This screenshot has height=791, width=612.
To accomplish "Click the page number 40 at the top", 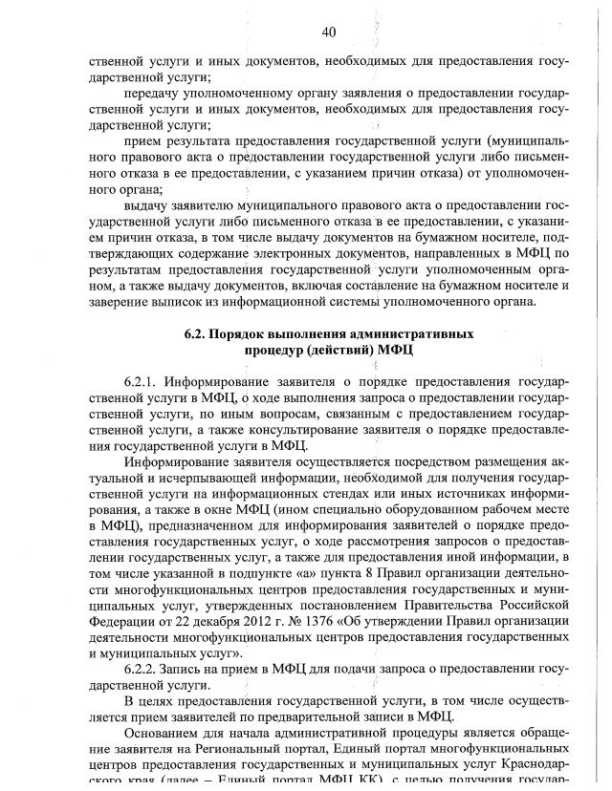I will pos(328,32).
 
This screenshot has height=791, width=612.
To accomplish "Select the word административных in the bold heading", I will pos(413,334).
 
